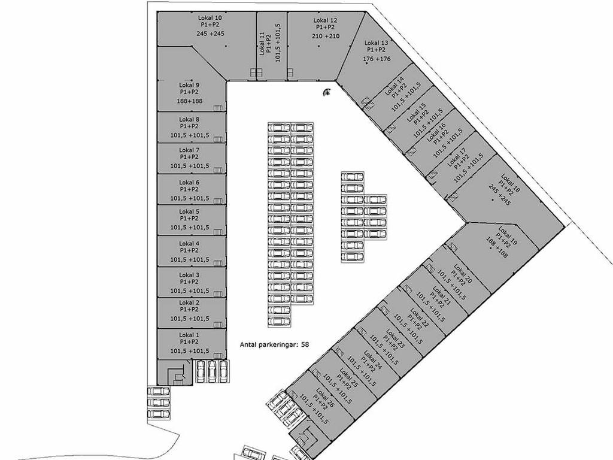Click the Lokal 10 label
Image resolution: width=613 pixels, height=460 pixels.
point(210,17)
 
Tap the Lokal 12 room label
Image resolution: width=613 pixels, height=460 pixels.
point(325,20)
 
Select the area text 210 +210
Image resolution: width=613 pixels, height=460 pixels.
point(326,36)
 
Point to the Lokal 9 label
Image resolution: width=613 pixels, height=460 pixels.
point(189,85)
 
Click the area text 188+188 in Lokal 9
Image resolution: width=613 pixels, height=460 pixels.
point(190,101)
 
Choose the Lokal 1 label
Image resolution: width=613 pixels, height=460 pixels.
point(189,335)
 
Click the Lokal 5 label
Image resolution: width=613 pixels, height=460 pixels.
point(189,211)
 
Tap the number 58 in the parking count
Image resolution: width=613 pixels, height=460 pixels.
point(305,344)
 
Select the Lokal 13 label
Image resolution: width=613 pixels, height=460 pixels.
point(376,43)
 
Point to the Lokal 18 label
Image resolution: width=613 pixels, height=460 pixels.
point(511,183)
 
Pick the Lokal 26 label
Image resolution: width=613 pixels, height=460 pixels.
point(325,398)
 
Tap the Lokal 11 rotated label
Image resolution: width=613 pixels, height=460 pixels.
point(262,44)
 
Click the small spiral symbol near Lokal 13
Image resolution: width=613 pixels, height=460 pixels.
point(327,92)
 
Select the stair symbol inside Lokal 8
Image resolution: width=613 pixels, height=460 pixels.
point(218,139)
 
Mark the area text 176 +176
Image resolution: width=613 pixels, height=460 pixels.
point(377,59)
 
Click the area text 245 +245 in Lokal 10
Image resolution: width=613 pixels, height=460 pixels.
point(210,34)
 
